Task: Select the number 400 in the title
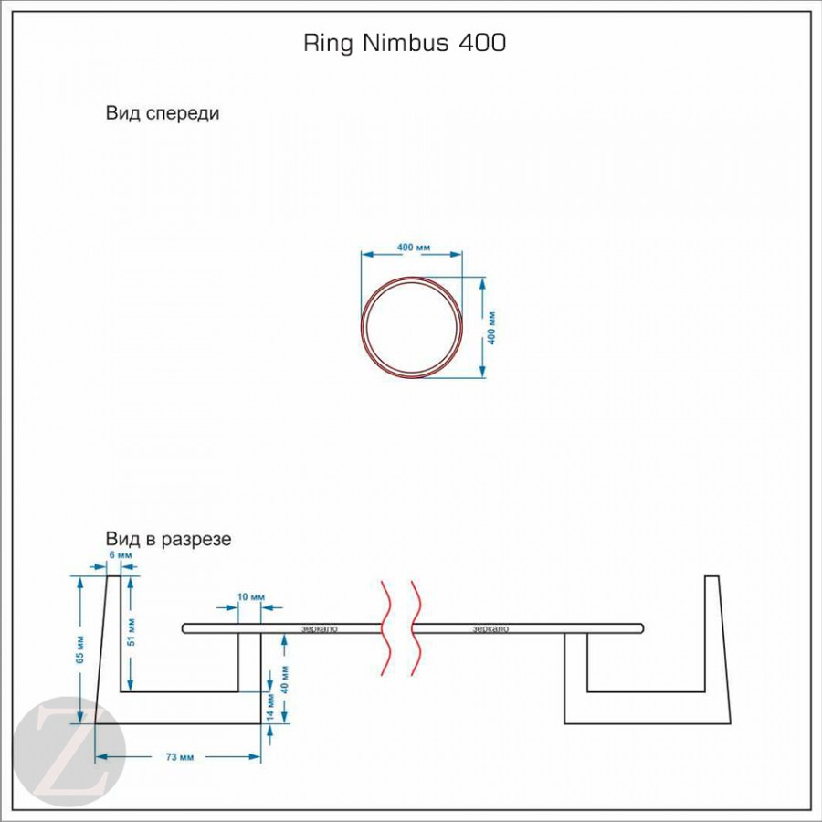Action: point(478,43)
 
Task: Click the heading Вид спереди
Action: point(163,114)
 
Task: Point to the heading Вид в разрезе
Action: point(169,539)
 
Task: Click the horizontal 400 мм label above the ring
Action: point(414,248)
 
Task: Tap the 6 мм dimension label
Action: point(120,555)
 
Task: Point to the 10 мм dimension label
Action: point(250,596)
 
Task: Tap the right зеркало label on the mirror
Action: point(491,628)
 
